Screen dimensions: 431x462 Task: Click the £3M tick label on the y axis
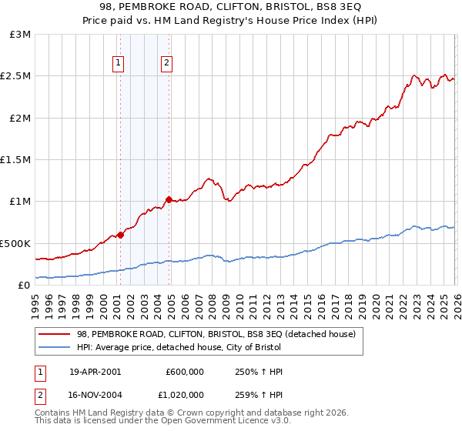point(21,35)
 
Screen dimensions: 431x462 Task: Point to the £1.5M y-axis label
point(16,160)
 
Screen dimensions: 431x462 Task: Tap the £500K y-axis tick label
point(15,243)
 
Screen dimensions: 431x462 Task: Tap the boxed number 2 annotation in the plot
point(166,64)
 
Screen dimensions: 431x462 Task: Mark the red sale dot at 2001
point(120,235)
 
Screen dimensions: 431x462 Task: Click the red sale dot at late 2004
point(169,199)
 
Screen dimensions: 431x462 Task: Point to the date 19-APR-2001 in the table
point(95,372)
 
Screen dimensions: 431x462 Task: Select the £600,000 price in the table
point(185,372)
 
